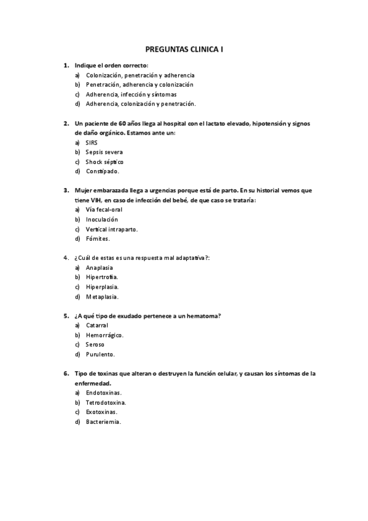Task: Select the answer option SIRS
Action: coord(92,142)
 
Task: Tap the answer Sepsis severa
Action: coord(104,151)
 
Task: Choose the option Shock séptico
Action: coord(104,161)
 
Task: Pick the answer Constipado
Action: coord(103,171)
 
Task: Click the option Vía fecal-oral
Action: coord(104,210)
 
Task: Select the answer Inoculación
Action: coord(102,219)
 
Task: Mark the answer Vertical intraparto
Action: coord(112,229)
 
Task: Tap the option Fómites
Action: coord(98,238)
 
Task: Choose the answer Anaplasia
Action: coord(100,268)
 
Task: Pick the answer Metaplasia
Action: coord(100,296)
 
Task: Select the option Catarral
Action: coord(97,325)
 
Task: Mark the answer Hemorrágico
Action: coord(104,335)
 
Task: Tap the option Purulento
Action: coord(101,354)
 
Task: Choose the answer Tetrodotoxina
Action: coord(106,402)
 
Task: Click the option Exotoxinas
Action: coord(102,412)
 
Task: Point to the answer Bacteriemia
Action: coord(103,421)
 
